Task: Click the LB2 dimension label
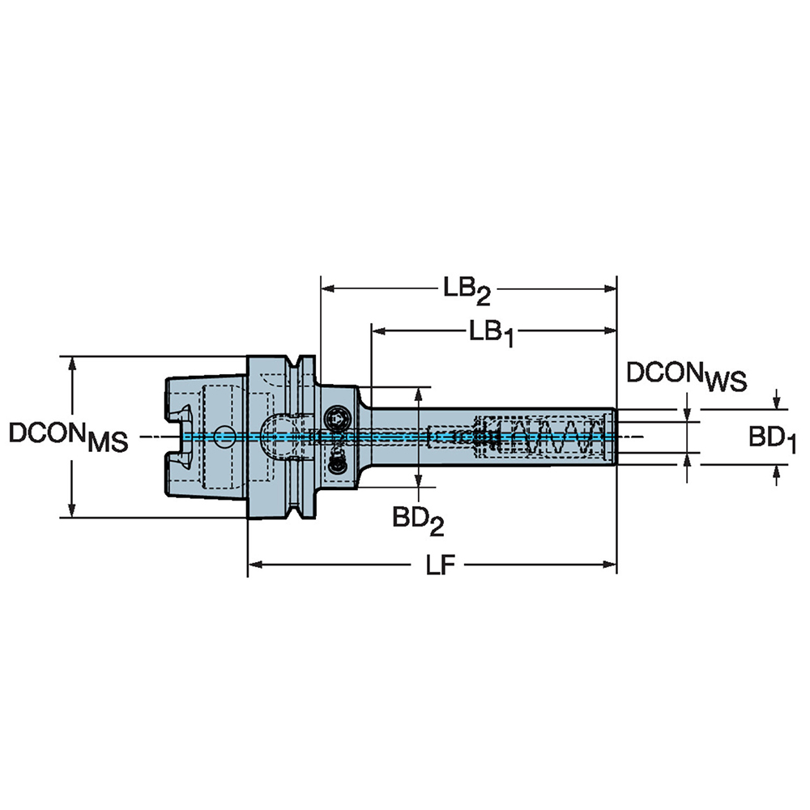click(x=467, y=291)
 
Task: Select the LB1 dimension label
click(x=490, y=333)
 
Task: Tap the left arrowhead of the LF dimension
click(x=254, y=563)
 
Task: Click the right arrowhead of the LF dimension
click(x=611, y=563)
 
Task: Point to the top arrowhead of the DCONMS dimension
click(x=74, y=363)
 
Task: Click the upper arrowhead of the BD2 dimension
click(x=418, y=394)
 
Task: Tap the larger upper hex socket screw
click(x=337, y=418)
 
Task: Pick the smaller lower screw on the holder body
click(x=338, y=463)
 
